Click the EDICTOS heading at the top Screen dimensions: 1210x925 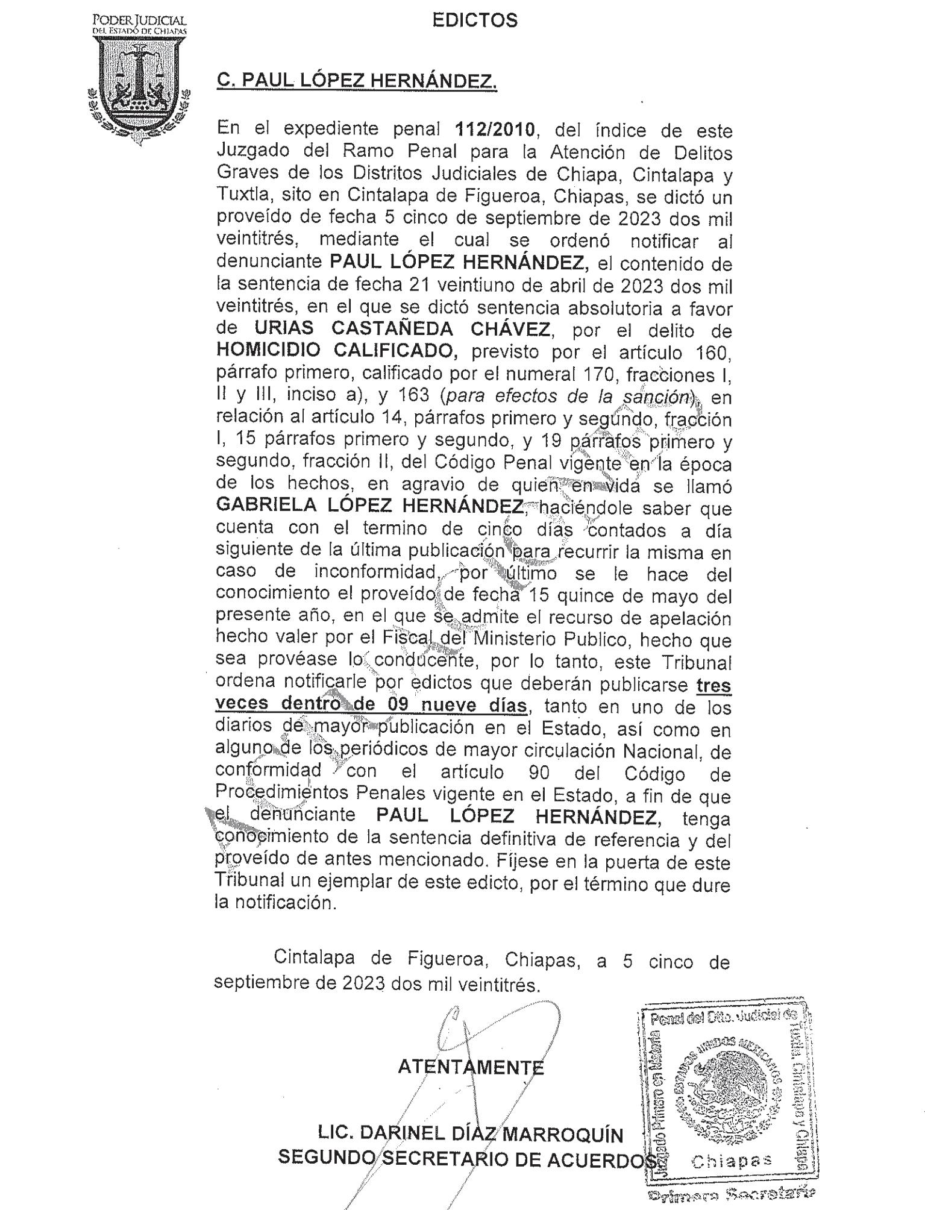tap(475, 21)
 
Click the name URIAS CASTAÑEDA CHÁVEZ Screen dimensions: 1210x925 tap(402, 330)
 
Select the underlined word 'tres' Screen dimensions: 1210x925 tap(713, 685)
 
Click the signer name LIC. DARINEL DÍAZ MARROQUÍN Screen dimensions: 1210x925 tap(471, 1134)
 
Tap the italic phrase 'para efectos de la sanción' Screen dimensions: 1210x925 tap(565, 397)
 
